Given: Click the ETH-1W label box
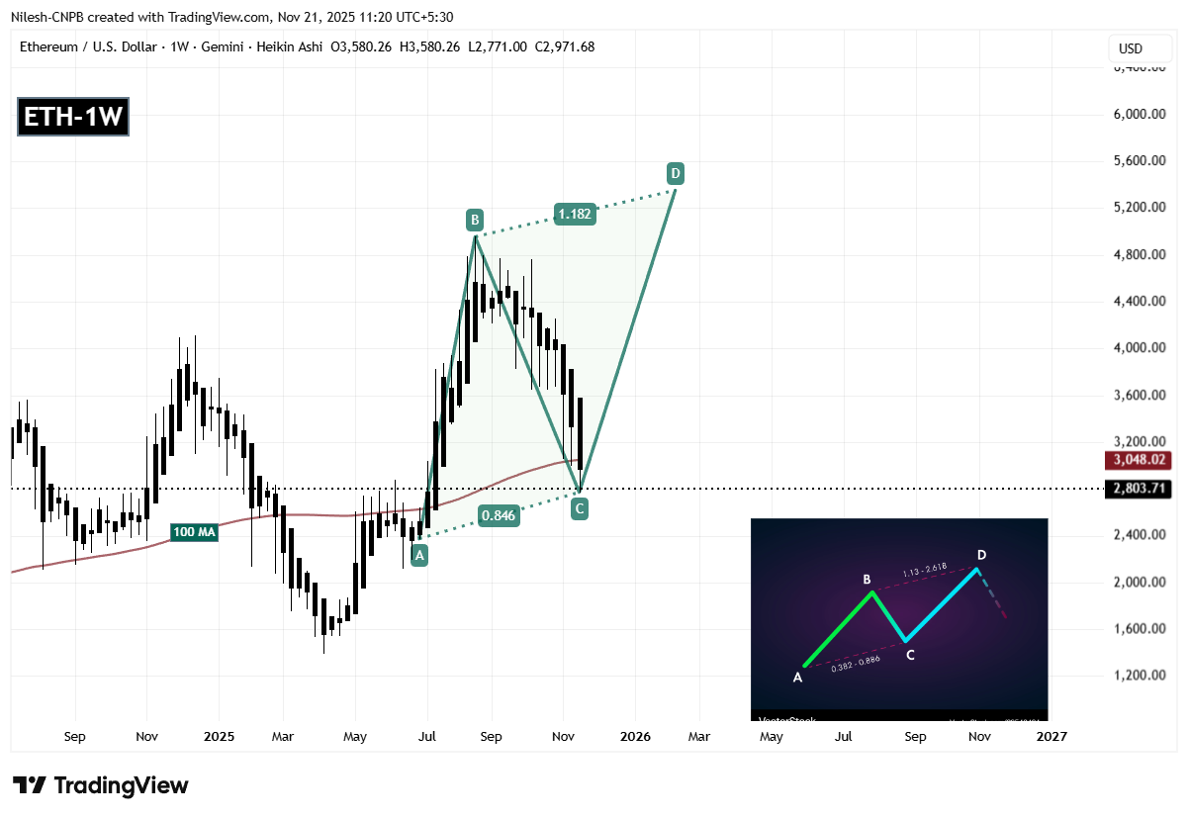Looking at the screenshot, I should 73,118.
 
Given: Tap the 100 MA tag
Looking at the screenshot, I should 193,531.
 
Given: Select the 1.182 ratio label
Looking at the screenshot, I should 575,214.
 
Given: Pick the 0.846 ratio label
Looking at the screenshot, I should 499,514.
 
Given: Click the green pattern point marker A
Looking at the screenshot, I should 420,556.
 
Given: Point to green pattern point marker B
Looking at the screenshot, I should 475,219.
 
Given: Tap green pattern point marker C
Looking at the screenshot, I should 580,509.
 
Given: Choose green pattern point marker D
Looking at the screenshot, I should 675,173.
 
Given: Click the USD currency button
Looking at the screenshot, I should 1130,48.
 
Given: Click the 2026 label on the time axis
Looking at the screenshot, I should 634,736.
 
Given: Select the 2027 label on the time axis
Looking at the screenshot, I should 1051,736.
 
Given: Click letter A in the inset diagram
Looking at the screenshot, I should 796,678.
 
